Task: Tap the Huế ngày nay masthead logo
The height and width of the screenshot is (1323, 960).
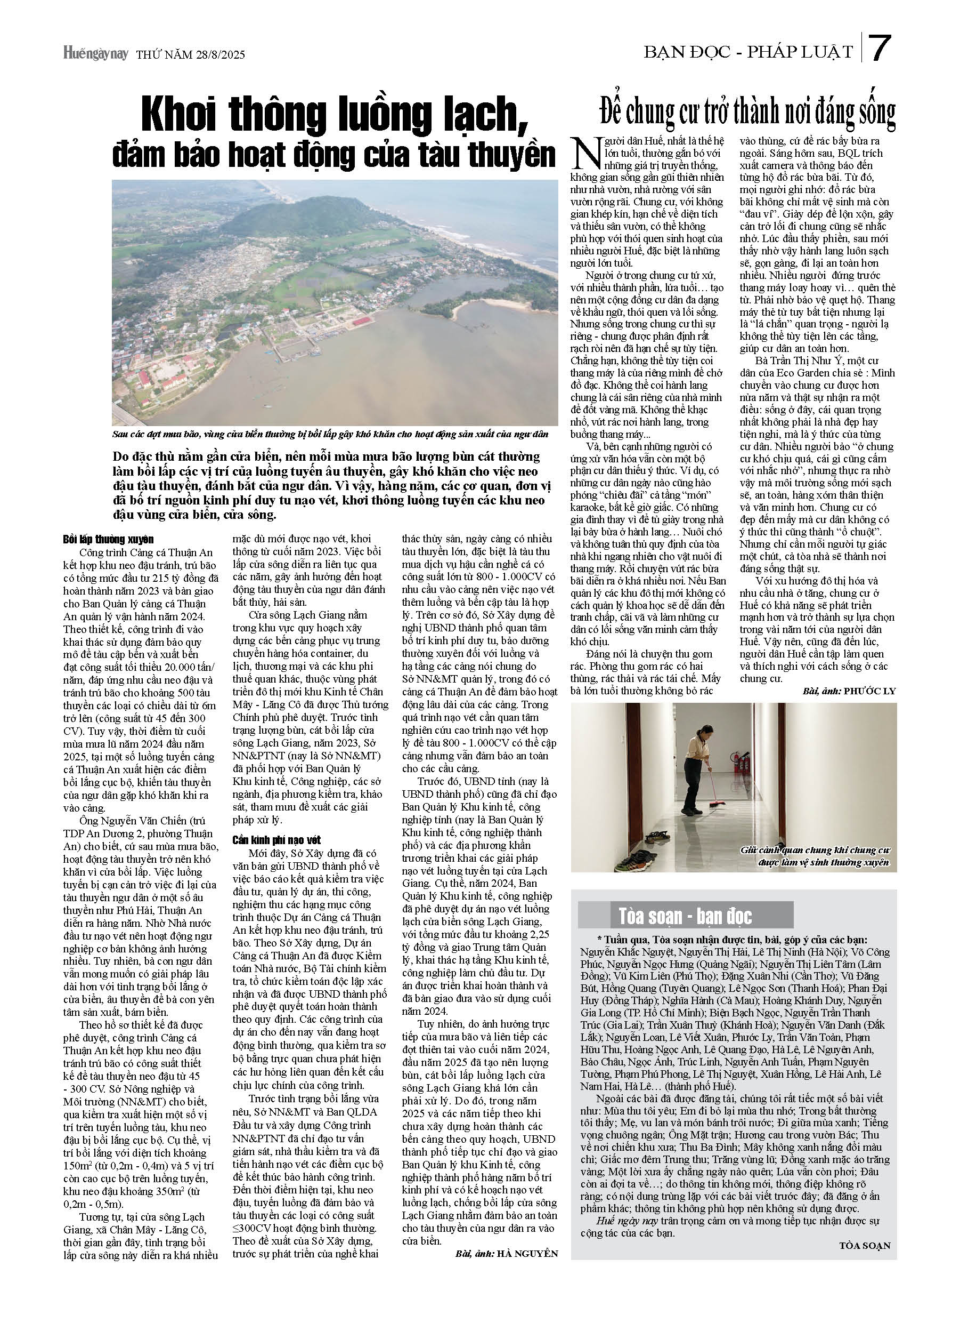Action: point(95,54)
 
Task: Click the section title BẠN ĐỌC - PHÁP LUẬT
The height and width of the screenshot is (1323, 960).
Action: point(749,52)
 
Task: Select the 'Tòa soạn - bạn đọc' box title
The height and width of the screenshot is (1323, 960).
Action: point(685,917)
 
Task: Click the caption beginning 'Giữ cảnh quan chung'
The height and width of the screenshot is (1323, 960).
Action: point(815,856)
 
